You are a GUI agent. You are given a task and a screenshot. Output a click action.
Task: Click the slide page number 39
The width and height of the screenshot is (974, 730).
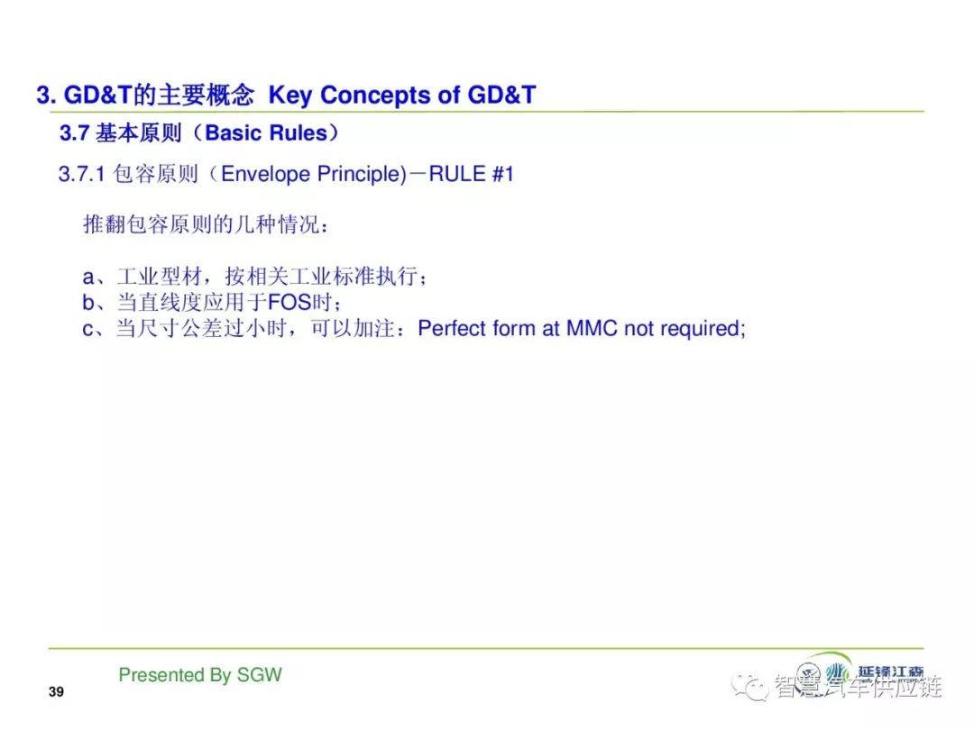56,691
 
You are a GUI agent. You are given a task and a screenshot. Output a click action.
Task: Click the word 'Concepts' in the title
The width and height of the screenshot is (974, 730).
376,95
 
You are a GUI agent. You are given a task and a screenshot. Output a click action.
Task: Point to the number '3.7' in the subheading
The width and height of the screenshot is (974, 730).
75,132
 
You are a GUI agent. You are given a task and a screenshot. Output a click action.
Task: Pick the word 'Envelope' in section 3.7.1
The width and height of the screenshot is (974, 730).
265,174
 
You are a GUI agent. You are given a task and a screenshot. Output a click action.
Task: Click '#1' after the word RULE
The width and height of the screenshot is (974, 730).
502,174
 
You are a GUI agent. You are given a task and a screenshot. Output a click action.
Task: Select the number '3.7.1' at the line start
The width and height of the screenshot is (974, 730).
82,175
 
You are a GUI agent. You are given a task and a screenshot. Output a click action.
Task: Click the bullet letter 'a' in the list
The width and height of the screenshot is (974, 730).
88,277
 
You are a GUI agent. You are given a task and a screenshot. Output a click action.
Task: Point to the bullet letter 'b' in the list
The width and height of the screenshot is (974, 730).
88,302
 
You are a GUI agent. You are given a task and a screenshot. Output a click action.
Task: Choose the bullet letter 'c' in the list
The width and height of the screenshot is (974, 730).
88,329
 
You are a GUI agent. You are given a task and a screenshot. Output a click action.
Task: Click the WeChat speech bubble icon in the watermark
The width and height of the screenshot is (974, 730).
749,687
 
